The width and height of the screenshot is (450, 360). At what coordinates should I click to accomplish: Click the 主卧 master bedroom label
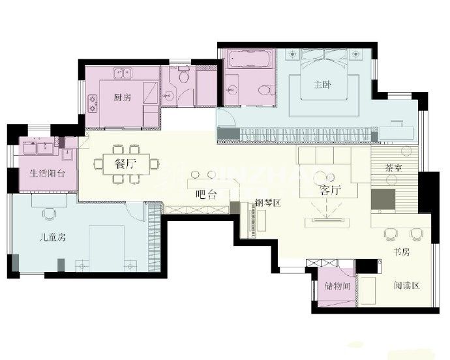(322, 83)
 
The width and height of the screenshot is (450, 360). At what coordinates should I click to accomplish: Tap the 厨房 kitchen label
(122, 98)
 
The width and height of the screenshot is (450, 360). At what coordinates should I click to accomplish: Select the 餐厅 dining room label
(125, 163)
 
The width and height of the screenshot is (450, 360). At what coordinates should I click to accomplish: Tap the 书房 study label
(400, 252)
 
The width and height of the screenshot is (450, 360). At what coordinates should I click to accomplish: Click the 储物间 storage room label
(337, 286)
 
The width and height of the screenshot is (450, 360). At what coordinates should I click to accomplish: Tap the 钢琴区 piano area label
(267, 203)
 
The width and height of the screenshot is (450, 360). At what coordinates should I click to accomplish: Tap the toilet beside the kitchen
(184, 78)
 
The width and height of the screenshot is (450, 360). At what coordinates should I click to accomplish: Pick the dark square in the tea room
(383, 200)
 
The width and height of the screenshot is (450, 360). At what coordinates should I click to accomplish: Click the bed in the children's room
(106, 247)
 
